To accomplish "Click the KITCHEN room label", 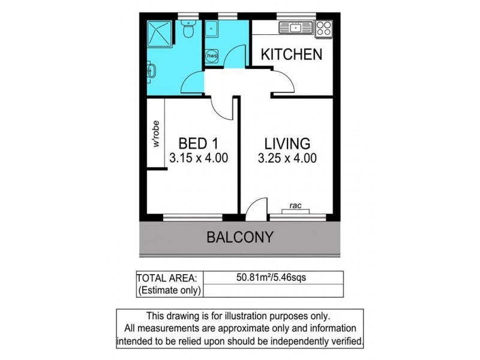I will tap(291, 55).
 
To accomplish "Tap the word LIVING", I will tap(288, 144).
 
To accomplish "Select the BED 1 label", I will tap(198, 144).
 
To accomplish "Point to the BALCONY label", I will tap(240, 237).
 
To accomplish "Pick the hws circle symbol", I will tap(212, 56).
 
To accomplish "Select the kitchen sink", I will tap(294, 27).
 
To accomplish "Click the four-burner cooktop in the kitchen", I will tap(323, 28).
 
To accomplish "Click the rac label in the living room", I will tap(295, 205).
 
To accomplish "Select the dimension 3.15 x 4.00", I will tap(199, 159).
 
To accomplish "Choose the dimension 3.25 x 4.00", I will tap(288, 159).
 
